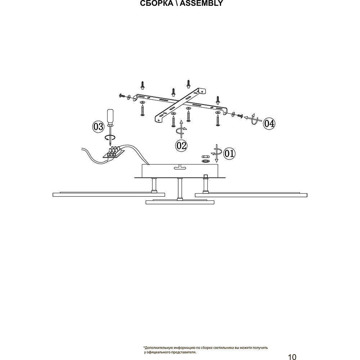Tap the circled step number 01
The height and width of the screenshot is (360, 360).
click(229, 154)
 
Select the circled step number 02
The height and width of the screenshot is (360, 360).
click(181, 145)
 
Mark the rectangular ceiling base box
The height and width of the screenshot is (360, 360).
click(180, 171)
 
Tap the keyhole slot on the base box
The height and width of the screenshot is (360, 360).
click(179, 167)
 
